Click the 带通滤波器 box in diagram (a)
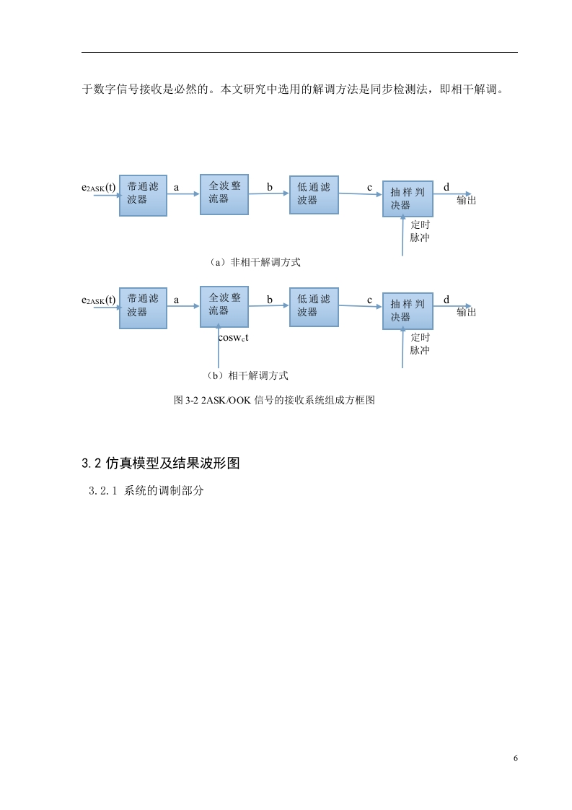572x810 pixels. point(143,195)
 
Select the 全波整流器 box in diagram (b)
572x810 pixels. point(224,307)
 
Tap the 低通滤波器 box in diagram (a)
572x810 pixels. point(314,195)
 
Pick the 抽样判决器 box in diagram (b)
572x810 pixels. point(408,311)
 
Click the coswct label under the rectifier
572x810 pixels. point(233,338)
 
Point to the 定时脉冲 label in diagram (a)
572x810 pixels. point(421,231)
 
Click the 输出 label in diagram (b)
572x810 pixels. point(466,312)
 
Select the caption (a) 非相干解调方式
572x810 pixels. point(254,263)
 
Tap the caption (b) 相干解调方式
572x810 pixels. point(247,375)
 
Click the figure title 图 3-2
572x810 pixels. point(274,400)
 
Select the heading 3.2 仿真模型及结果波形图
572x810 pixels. point(161,463)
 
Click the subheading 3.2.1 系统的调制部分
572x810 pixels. point(146,490)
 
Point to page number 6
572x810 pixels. point(515,758)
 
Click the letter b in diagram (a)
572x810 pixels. point(270,187)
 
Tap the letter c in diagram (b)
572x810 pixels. point(369,300)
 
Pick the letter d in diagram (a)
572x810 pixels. point(446,186)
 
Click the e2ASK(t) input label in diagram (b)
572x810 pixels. point(99,300)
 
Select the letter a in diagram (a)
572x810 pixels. point(177,188)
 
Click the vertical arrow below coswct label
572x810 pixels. point(219,346)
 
